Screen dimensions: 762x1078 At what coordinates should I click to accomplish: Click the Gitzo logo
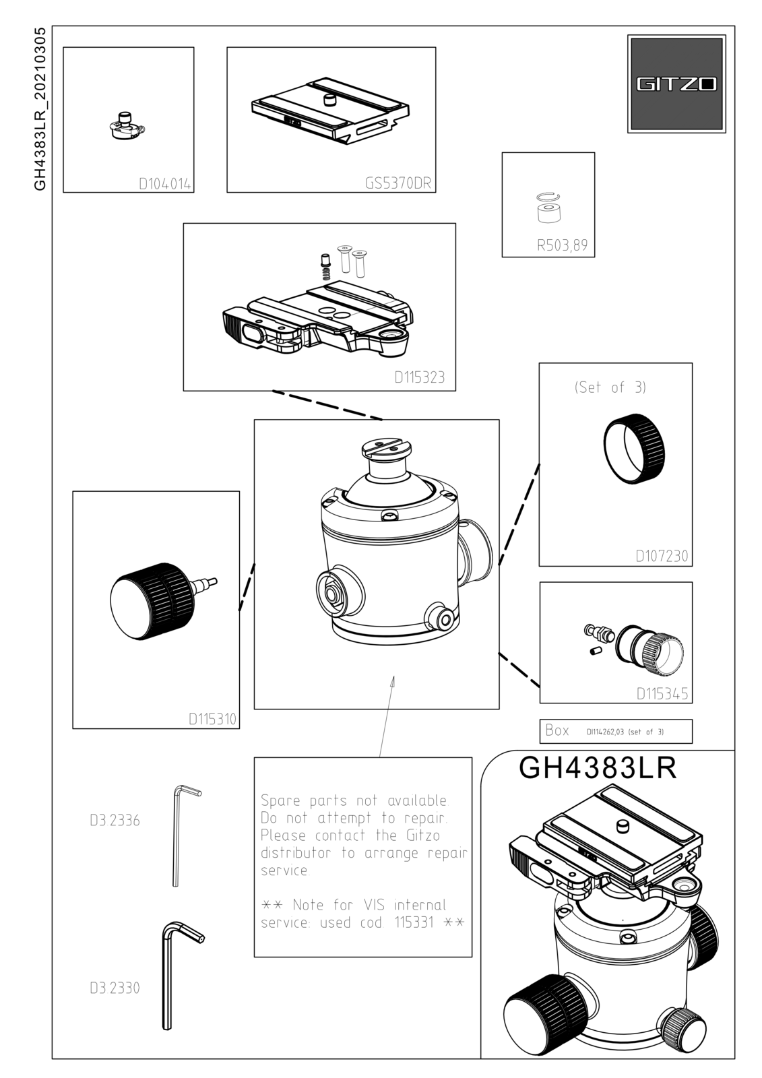676,84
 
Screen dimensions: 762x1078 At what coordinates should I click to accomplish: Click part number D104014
164,185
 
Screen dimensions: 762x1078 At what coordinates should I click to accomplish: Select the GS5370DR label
398,183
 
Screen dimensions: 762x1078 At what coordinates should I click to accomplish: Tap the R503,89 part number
562,245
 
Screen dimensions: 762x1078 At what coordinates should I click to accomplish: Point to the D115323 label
419,377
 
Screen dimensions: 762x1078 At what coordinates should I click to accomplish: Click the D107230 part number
662,557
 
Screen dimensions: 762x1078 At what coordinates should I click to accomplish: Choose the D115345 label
662,694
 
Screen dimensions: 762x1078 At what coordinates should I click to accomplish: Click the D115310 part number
212,720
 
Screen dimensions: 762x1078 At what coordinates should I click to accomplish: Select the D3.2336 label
115,821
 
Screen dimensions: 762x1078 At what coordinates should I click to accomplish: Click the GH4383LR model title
598,768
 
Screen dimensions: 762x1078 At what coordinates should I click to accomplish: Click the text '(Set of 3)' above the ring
610,387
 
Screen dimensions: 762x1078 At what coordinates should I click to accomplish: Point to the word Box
557,730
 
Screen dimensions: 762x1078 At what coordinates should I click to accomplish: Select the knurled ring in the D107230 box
635,447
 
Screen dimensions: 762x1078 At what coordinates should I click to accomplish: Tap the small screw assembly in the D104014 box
127,126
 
